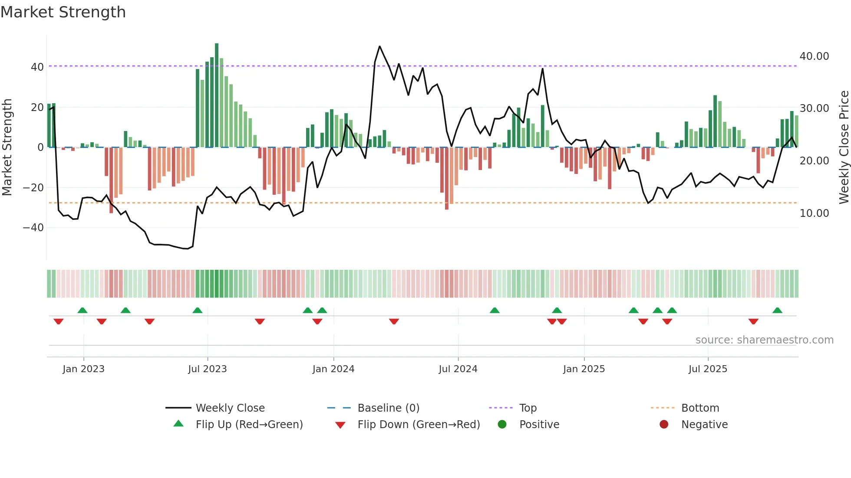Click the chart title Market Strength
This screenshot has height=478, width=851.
click(x=63, y=12)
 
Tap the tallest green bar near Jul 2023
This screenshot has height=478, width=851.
click(x=217, y=95)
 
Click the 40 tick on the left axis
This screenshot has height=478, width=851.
click(x=37, y=67)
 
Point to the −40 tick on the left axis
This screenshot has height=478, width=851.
click(x=33, y=228)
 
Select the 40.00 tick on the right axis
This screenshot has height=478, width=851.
click(x=814, y=56)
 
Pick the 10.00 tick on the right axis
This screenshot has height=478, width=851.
click(x=814, y=213)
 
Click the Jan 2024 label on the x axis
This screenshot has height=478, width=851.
click(x=333, y=369)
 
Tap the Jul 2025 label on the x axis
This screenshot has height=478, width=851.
click(x=707, y=369)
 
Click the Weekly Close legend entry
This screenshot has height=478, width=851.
click(x=230, y=408)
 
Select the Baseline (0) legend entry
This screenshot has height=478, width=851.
click(x=388, y=408)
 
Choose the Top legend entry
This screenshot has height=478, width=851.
click(x=528, y=408)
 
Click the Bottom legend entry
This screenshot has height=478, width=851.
click(x=700, y=408)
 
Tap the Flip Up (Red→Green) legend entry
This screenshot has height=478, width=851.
click(x=249, y=425)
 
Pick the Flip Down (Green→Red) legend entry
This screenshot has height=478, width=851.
click(x=419, y=425)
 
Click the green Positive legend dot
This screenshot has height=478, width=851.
click(x=502, y=425)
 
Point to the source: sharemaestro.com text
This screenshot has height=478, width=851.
click(x=764, y=340)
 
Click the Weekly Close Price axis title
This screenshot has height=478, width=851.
click(x=844, y=147)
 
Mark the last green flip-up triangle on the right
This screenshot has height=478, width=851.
click(x=777, y=311)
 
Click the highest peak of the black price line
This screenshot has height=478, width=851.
click(x=379, y=46)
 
